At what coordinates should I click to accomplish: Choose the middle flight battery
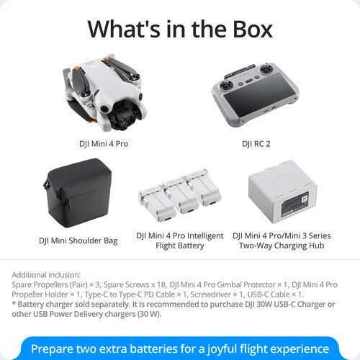pyautogui.click(x=179, y=197)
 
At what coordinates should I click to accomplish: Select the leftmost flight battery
pyautogui.click(x=157, y=204)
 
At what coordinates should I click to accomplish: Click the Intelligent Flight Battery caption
pyautogui.click(x=179, y=240)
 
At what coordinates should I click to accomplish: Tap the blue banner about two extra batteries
pyautogui.click(x=180, y=348)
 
